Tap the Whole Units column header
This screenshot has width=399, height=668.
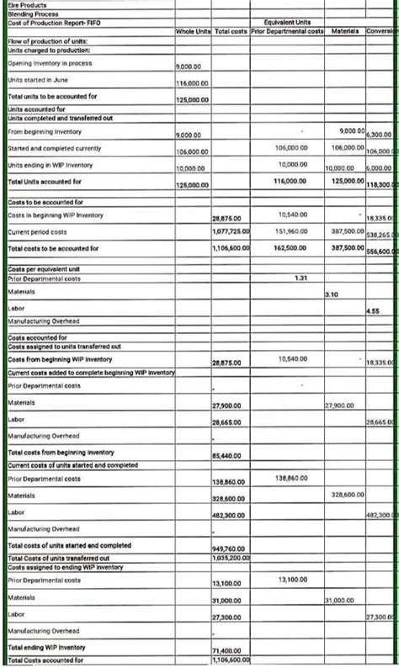click(193, 31)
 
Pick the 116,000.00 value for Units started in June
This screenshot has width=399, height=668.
click(193, 82)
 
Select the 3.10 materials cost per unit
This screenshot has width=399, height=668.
click(331, 294)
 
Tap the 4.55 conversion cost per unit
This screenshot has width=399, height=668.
click(372, 311)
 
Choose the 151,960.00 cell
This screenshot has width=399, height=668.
click(291, 230)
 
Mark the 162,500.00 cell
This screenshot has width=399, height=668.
click(291, 248)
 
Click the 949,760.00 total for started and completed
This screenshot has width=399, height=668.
click(227, 548)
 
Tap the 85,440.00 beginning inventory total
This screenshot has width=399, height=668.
click(227, 454)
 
